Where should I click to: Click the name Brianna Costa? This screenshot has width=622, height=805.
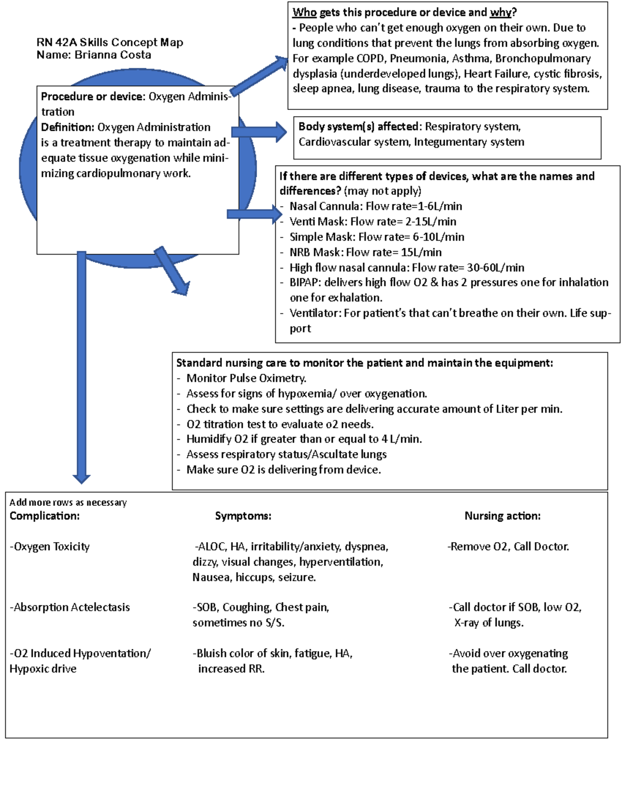(x=112, y=55)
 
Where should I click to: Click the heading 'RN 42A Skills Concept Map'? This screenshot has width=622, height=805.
(x=109, y=42)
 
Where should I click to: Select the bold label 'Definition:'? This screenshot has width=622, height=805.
(x=67, y=127)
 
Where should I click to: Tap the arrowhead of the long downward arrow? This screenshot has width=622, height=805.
(x=81, y=478)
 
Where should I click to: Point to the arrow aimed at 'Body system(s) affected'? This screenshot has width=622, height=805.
(x=259, y=132)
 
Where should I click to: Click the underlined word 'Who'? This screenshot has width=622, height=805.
(x=304, y=12)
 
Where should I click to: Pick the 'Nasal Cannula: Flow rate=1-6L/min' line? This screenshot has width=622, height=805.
(x=375, y=206)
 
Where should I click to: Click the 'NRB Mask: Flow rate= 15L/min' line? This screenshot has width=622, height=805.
(x=365, y=252)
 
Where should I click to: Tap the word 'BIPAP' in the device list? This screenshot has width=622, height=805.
(x=304, y=283)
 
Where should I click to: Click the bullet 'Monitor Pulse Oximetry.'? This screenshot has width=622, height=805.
(x=246, y=378)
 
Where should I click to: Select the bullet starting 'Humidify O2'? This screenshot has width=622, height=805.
(x=304, y=439)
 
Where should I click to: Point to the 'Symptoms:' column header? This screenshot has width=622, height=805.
(x=243, y=516)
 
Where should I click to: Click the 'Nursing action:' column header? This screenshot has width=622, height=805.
(x=502, y=516)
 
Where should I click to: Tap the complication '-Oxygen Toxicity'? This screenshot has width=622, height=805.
(x=50, y=546)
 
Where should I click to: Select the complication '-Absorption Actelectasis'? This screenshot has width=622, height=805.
(x=70, y=607)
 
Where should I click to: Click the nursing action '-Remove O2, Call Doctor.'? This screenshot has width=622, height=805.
(x=508, y=546)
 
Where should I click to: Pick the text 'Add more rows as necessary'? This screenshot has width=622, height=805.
(x=68, y=502)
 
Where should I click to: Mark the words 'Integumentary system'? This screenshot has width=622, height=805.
(x=469, y=142)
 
